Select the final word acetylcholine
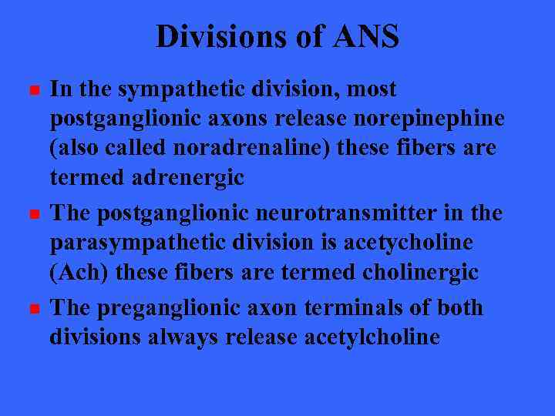(372, 337)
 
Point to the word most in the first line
(372, 89)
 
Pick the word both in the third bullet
(459, 307)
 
